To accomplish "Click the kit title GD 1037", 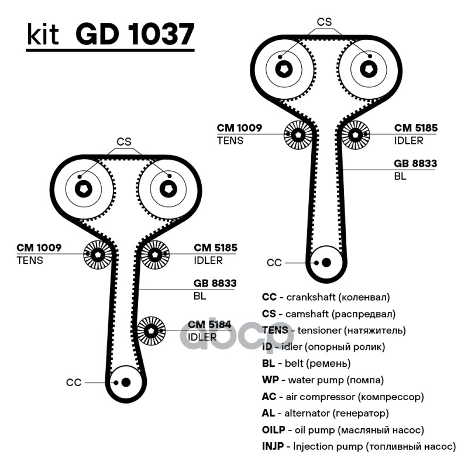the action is (135, 34).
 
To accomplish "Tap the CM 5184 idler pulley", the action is (151, 331).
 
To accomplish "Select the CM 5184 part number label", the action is (209, 325).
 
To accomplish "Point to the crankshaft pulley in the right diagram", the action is (326, 263).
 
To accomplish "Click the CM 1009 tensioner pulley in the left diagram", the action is (97, 254).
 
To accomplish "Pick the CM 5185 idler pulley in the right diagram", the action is (355, 135).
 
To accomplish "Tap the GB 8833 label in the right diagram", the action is (415, 163).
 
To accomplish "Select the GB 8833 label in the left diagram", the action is (215, 283).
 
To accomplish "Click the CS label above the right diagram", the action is (324, 22).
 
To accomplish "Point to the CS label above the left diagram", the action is (124, 142).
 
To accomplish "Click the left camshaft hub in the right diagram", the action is (284, 70).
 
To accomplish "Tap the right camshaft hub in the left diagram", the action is (168, 189).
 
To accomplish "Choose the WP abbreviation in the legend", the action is (270, 380).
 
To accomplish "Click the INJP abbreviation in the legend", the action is (273, 446).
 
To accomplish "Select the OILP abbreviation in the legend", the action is (273, 430).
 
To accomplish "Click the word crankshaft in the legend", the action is (311, 297).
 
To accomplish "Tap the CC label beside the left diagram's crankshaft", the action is (74, 383).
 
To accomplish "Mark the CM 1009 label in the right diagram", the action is (239, 128).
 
